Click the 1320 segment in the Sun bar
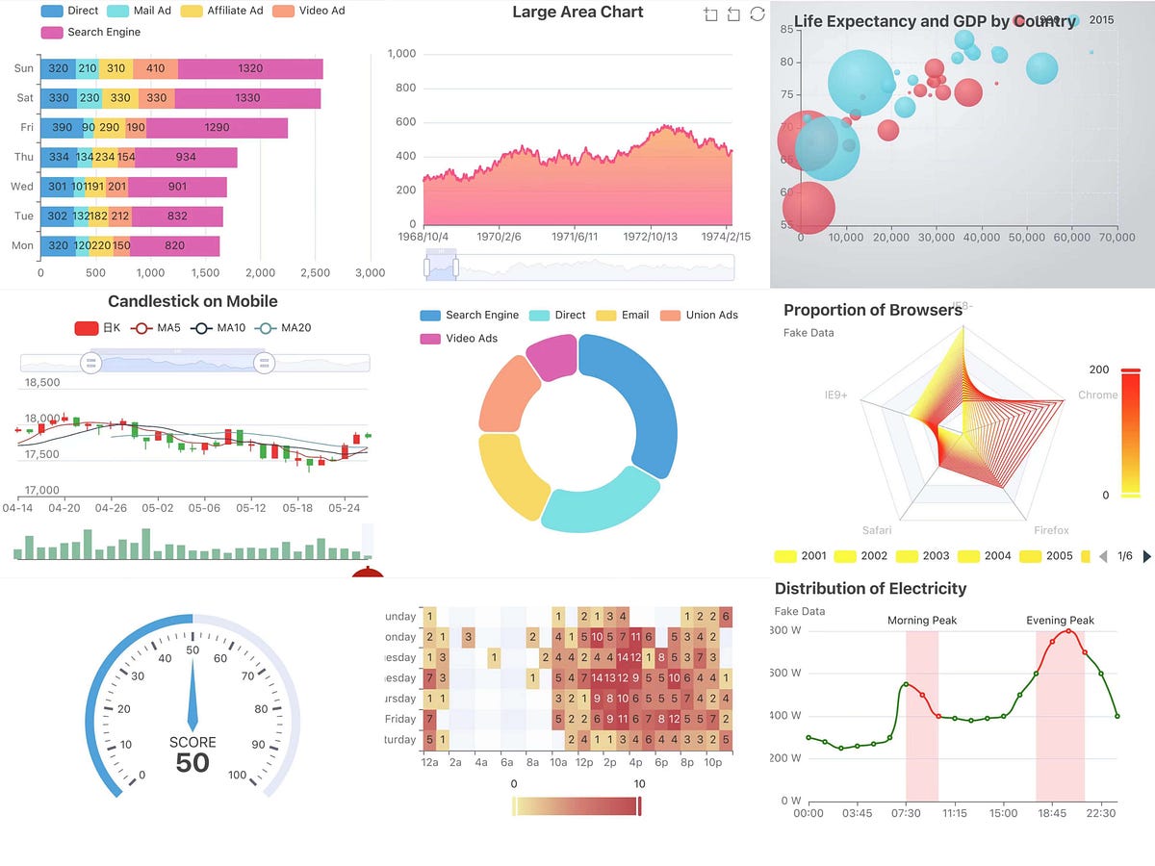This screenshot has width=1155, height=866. tap(249, 68)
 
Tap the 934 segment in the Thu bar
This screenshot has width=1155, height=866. tap(186, 157)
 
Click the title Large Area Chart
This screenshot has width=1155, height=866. tap(577, 13)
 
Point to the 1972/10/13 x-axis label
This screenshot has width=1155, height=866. tap(651, 237)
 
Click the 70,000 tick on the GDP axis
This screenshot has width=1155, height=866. tap(1116, 237)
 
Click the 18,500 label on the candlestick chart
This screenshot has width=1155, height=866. tap(41, 382)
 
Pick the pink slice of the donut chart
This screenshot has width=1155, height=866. tap(550, 357)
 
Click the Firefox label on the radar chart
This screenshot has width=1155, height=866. tap(1051, 530)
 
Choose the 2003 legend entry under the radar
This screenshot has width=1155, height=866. tap(923, 556)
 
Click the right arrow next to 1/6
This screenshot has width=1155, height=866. tap(1146, 556)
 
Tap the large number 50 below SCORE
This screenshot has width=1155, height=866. tap(192, 763)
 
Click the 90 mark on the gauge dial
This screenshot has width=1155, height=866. tap(257, 745)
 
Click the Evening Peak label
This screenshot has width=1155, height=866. tap(1060, 621)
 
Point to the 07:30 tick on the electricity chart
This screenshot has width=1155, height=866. tap(906, 813)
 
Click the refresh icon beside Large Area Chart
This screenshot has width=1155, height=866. tap(757, 13)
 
